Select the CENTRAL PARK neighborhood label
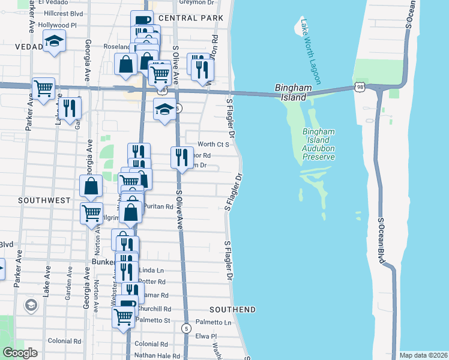[191, 18]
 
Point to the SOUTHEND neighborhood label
[233, 310]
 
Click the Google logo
[20, 353]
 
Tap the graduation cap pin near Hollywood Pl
[54, 41]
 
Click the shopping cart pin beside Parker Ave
[43, 89]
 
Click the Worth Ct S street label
[214, 145]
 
